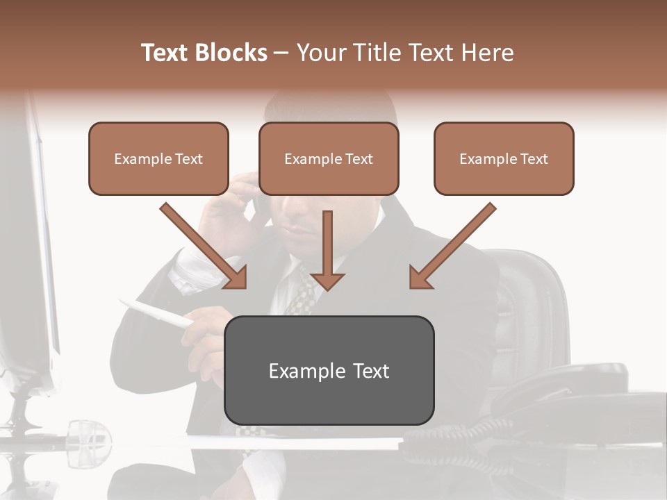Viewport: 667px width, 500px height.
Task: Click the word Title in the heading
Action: pos(381,53)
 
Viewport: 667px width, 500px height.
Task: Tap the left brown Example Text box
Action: pos(158,158)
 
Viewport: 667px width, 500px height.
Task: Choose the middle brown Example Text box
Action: pos(329,158)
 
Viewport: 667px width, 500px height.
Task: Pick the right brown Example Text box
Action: pos(504,158)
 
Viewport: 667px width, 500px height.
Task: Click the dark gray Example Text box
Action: pos(329,370)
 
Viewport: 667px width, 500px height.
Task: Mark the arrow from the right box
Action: pos(452,246)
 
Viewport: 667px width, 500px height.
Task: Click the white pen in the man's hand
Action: pos(156,312)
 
